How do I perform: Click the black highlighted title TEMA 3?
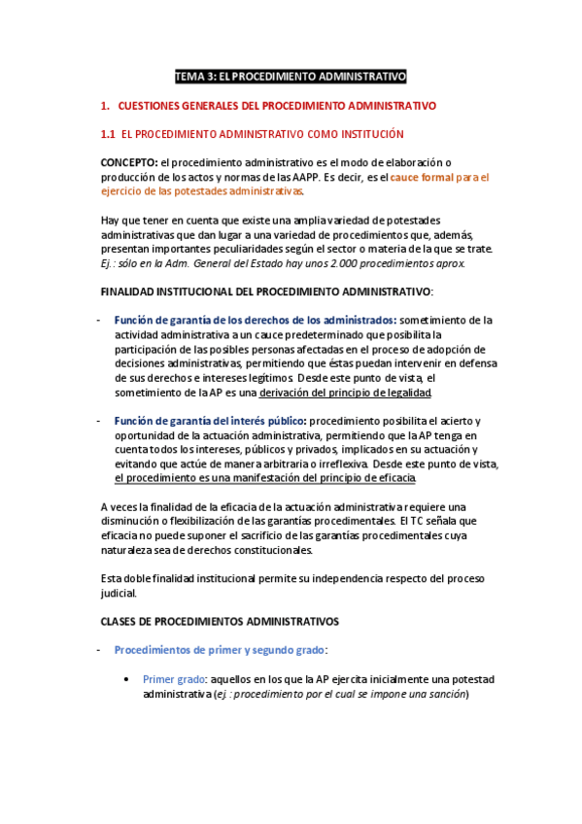click(291, 76)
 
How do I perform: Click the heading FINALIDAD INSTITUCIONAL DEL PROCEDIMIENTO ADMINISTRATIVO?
click(266, 292)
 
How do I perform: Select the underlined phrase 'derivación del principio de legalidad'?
click(332, 393)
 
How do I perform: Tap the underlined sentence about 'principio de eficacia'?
click(265, 478)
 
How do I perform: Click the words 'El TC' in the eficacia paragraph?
click(416, 521)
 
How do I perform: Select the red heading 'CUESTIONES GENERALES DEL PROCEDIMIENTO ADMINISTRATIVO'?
click(277, 105)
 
